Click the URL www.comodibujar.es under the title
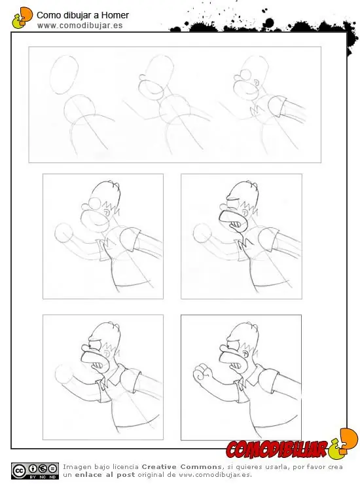pyautogui.click(x=80, y=26)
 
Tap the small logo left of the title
pyautogui.click(x=22, y=18)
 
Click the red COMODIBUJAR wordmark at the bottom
pyautogui.click(x=276, y=450)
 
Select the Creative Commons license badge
pyautogui.click(x=35, y=471)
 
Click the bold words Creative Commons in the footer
pyautogui.click(x=181, y=467)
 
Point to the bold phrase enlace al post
pyautogui.click(x=105, y=475)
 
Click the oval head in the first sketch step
pyautogui.click(x=64, y=75)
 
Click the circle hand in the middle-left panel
pyautogui.click(x=63, y=233)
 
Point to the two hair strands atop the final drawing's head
pyautogui.click(x=253, y=326)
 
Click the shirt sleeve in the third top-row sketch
pyautogui.click(x=277, y=106)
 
